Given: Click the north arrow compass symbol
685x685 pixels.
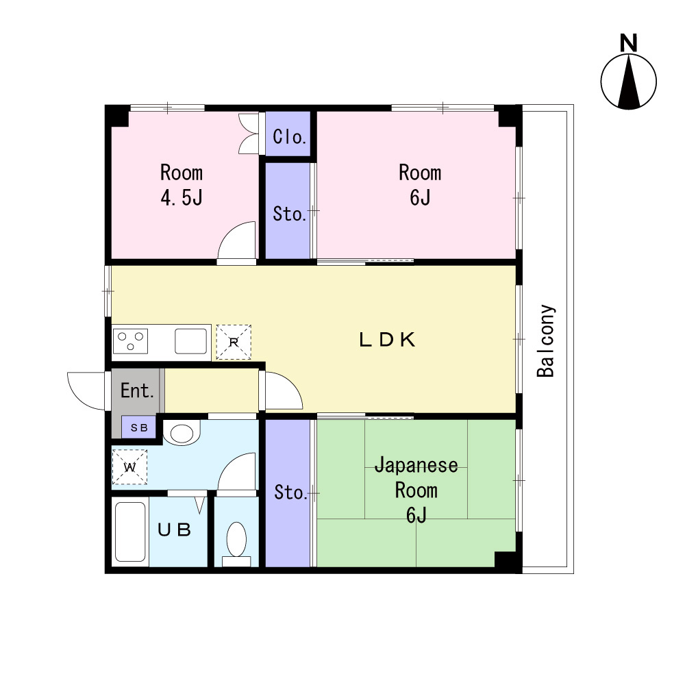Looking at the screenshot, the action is click(x=629, y=82).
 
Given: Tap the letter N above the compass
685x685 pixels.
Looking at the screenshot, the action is click(x=629, y=43).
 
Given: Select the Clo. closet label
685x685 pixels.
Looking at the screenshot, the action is click(x=289, y=137).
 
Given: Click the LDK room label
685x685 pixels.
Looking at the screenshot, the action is click(x=387, y=340).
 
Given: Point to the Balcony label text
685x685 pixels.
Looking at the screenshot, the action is click(x=546, y=340).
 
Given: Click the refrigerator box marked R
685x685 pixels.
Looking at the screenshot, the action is click(x=234, y=342).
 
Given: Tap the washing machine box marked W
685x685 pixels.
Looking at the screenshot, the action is click(x=129, y=467).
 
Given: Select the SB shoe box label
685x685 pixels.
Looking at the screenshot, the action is click(x=139, y=427).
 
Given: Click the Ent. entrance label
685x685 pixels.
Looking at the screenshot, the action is click(x=137, y=390).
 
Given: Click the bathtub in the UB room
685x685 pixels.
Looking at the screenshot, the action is click(x=130, y=532).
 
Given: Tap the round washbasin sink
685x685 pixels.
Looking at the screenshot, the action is click(x=182, y=434).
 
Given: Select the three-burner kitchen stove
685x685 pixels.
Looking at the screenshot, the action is click(x=131, y=341).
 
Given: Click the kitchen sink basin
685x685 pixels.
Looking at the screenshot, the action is click(x=191, y=341).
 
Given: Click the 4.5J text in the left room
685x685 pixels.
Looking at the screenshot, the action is click(x=182, y=198).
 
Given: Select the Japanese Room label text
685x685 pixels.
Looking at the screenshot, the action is click(x=416, y=477).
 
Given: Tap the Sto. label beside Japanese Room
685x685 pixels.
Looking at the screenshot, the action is click(x=290, y=493).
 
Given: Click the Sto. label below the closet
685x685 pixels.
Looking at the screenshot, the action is click(x=289, y=214).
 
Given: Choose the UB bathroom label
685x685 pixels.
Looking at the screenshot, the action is click(x=174, y=530).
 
